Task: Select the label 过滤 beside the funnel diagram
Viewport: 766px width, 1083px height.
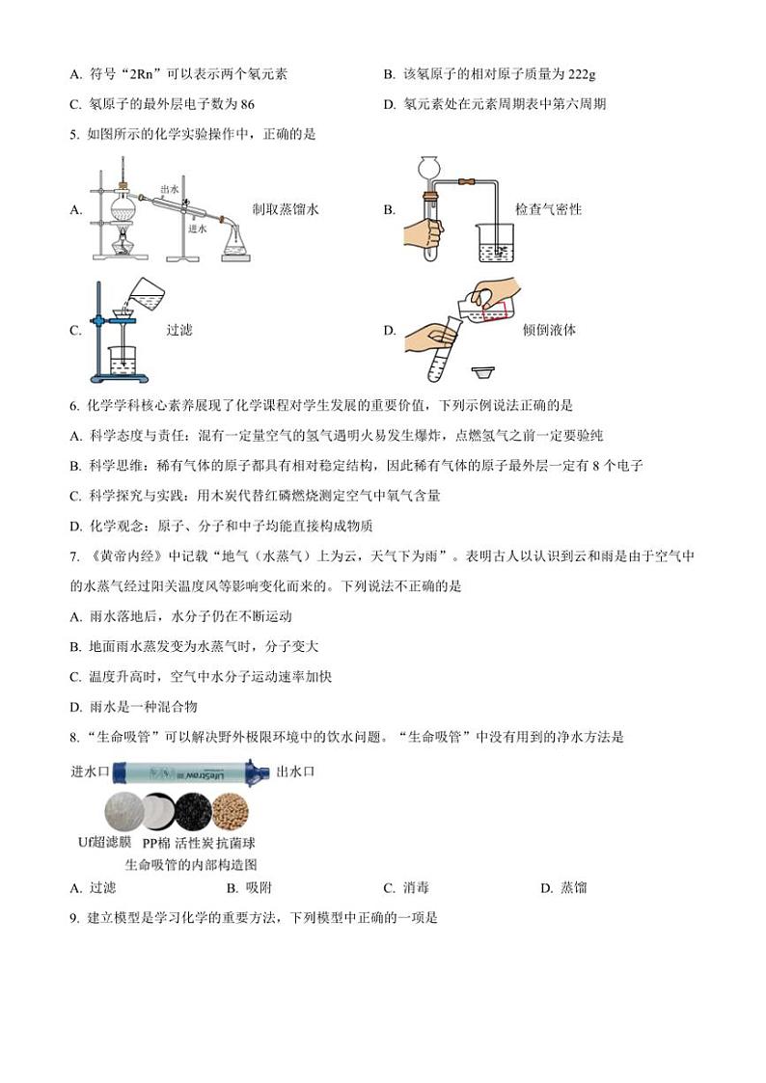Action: coord(179,330)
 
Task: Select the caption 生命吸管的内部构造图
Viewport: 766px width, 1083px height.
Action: coord(191,864)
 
